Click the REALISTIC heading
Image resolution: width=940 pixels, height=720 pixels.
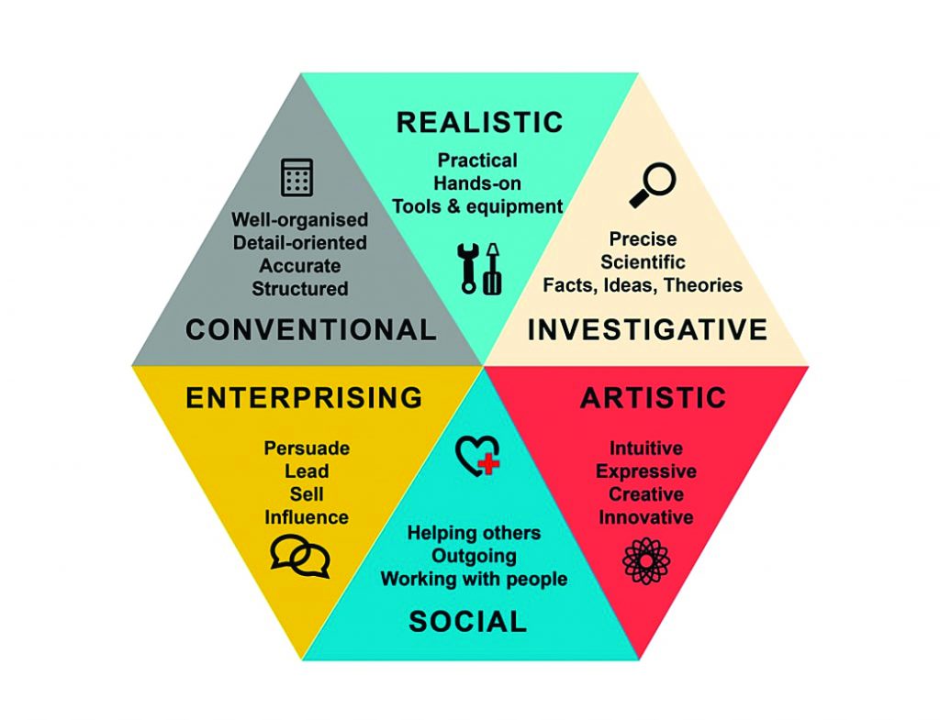tap(479, 122)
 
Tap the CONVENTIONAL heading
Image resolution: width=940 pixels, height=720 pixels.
tap(310, 330)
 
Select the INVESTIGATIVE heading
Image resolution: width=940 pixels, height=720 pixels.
tap(647, 330)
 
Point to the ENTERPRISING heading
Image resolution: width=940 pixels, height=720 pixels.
tap(304, 398)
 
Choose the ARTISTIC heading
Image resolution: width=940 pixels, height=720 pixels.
tap(654, 398)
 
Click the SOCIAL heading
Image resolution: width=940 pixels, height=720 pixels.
tap(467, 622)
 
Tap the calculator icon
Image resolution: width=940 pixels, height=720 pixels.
tap(297, 177)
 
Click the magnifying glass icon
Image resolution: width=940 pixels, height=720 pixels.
tap(653, 185)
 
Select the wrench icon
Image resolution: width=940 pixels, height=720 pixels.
tap(468, 269)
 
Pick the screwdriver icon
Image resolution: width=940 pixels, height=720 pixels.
tap(492, 269)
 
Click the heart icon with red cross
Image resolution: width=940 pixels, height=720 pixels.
tap(477, 456)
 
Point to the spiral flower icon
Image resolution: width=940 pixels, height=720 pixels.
tap(646, 560)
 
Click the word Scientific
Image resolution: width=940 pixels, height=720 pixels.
tap(643, 261)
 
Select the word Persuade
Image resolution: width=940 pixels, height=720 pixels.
tap(307, 449)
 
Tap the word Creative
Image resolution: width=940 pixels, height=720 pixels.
tap(646, 494)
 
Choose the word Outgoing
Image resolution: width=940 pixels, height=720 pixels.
tap(475, 556)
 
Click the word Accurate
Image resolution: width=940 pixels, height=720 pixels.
tap(300, 265)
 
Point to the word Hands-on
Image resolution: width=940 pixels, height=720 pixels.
tap(477, 183)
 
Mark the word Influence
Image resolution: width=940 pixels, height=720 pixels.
tap(307, 517)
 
